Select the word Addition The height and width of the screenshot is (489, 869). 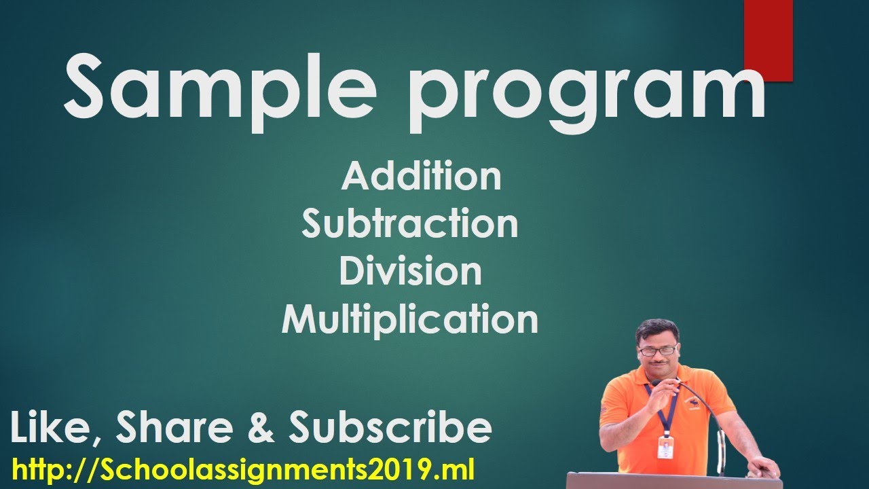421,177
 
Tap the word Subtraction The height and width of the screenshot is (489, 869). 410,224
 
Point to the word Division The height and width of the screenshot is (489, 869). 410,272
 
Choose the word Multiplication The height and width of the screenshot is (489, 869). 410,319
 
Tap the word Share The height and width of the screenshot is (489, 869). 187,429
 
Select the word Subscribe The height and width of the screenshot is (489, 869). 390,429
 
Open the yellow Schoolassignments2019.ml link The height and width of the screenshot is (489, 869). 243,469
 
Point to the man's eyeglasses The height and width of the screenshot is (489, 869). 657,350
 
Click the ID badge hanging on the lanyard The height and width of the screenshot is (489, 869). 665,447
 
